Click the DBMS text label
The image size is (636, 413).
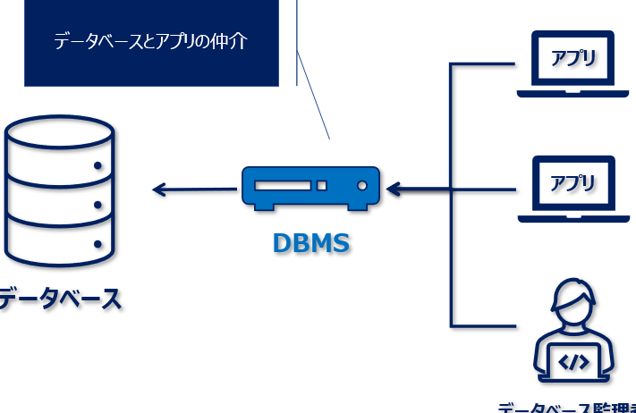coord(310,242)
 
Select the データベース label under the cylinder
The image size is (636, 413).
coord(59,299)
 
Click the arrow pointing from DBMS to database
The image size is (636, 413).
coord(192,189)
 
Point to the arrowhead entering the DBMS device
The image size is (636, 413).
coord(394,190)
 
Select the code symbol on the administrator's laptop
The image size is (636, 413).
coord(573,362)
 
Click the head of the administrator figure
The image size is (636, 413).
coord(573,304)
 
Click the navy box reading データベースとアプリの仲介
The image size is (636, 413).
coord(150,42)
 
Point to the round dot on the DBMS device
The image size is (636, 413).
coord(362,186)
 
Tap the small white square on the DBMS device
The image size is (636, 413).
coord(322,186)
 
